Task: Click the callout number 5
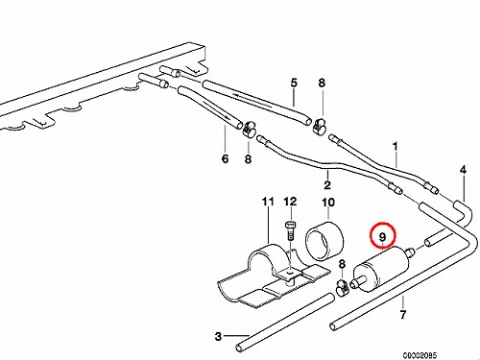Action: pyautogui.click(x=294, y=83)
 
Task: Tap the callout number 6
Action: pyautogui.click(x=225, y=158)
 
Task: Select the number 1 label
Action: pyautogui.click(x=396, y=147)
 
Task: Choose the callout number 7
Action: pyautogui.click(x=403, y=314)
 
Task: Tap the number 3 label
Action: pyautogui.click(x=218, y=336)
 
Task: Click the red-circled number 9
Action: pyautogui.click(x=383, y=237)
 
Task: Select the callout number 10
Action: pyautogui.click(x=328, y=203)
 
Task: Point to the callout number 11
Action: pyautogui.click(x=268, y=202)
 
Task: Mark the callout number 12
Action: pyautogui.click(x=290, y=202)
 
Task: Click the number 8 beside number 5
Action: pyautogui.click(x=322, y=83)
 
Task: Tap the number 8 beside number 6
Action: pyautogui.click(x=248, y=158)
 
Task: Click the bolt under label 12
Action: pyautogui.click(x=290, y=229)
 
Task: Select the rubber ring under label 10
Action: pyautogui.click(x=324, y=239)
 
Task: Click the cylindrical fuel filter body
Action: pyautogui.click(x=381, y=269)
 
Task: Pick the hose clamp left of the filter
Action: pyautogui.click(x=343, y=287)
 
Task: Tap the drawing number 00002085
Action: pyautogui.click(x=420, y=355)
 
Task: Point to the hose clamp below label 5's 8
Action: pyautogui.click(x=319, y=126)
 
